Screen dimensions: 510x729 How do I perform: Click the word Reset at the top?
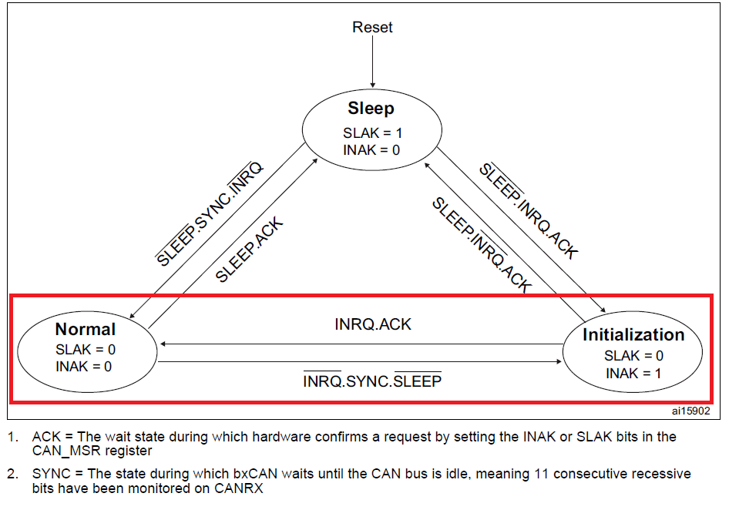(372, 28)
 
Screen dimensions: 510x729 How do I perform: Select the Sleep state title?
(371, 109)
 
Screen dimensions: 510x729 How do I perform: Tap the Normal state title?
(85, 330)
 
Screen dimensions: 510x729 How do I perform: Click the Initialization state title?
(633, 335)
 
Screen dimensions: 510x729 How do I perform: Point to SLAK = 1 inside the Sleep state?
(372, 133)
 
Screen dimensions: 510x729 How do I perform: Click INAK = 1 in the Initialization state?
(633, 374)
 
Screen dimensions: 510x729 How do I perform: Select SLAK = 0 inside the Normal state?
(85, 349)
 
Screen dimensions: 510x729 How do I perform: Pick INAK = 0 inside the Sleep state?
(371, 149)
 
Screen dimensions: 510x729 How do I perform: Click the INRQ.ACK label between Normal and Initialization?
(373, 324)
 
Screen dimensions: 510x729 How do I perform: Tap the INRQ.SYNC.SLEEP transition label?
(372, 381)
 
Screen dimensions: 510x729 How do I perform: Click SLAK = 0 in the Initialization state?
(633, 356)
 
